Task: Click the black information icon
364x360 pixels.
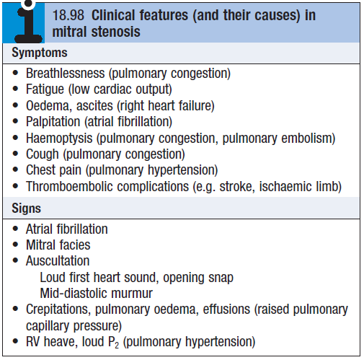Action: coord(28,24)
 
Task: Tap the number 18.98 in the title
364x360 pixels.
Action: coord(68,15)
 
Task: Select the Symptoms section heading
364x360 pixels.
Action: coord(40,53)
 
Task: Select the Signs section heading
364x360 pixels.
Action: coord(26,208)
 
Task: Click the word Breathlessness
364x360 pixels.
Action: coord(66,73)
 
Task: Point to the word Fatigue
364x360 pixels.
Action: coord(45,89)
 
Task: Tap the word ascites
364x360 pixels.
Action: coord(94,106)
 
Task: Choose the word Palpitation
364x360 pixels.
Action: coord(53,122)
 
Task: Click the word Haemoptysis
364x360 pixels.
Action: coord(59,139)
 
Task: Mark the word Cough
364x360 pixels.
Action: coord(43,154)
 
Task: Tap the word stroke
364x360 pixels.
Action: coord(237,186)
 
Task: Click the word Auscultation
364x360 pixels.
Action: coord(58,260)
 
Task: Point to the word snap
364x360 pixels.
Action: coord(221,278)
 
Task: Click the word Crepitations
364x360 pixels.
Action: coord(58,309)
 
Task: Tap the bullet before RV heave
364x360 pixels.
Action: coord(15,341)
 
